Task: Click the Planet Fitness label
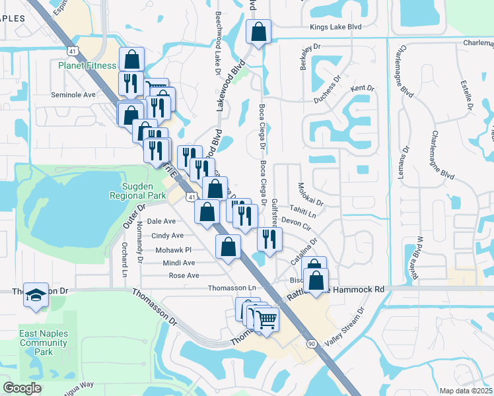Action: pyautogui.click(x=87, y=65)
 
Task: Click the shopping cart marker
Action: pyautogui.click(x=266, y=320)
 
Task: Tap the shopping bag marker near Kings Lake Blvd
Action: pyautogui.click(x=258, y=30)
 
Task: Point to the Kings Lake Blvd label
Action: pyautogui.click(x=336, y=27)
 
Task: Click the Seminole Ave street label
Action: pyautogui.click(x=73, y=94)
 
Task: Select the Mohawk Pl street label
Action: pyautogui.click(x=173, y=250)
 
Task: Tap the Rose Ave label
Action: pyautogui.click(x=184, y=275)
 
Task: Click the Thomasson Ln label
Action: pyautogui.click(x=231, y=288)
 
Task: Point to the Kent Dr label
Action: pyautogui.click(x=363, y=88)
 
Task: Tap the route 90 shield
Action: pyautogui.click(x=310, y=343)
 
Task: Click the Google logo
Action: pyautogui.click(x=22, y=388)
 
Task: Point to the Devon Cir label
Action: pyautogui.click(x=296, y=222)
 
